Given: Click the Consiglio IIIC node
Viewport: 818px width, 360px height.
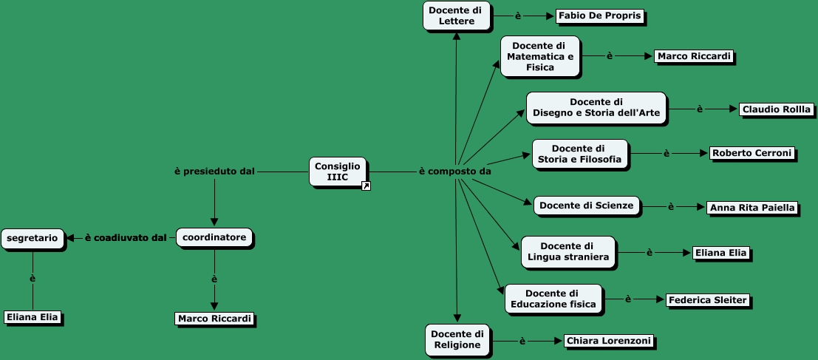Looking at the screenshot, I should pyautogui.click(x=337, y=171).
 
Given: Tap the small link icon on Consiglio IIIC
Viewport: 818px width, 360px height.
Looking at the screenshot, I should pyautogui.click(x=366, y=186).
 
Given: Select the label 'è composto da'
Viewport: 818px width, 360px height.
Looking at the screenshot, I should pyautogui.click(x=455, y=171).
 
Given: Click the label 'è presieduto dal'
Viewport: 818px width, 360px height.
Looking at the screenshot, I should pyautogui.click(x=214, y=171).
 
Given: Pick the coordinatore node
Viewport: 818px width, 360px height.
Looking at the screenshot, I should pyautogui.click(x=214, y=237).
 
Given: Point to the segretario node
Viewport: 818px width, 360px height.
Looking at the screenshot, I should pyautogui.click(x=33, y=237).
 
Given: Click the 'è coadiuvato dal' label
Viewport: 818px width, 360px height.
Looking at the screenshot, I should pyautogui.click(x=125, y=237).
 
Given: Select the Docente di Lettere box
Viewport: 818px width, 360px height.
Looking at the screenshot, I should pyautogui.click(x=456, y=16).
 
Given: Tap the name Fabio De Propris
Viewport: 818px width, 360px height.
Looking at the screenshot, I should pyautogui.click(x=599, y=16).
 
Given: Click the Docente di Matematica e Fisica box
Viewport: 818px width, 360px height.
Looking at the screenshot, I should pyautogui.click(x=539, y=56).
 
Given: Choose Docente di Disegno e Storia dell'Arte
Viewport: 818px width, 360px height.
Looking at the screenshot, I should pyautogui.click(x=596, y=109).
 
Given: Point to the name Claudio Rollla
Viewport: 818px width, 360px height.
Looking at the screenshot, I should pyautogui.click(x=776, y=109).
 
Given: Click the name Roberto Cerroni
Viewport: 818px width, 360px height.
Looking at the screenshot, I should pyautogui.click(x=751, y=153).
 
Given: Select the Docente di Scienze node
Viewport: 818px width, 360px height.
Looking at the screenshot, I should pyautogui.click(x=586, y=206).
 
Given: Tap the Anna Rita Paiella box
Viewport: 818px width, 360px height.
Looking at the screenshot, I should pyautogui.click(x=751, y=208).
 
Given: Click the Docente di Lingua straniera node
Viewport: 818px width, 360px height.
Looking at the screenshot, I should pyautogui.click(x=568, y=251).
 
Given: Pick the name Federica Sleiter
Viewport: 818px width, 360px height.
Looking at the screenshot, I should pyautogui.click(x=707, y=299).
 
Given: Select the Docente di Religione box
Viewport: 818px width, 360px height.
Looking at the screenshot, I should pyautogui.click(x=457, y=339).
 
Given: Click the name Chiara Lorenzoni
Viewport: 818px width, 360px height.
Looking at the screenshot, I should pyautogui.click(x=608, y=341).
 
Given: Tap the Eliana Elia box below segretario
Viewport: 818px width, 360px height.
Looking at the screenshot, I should pyautogui.click(x=33, y=317).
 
